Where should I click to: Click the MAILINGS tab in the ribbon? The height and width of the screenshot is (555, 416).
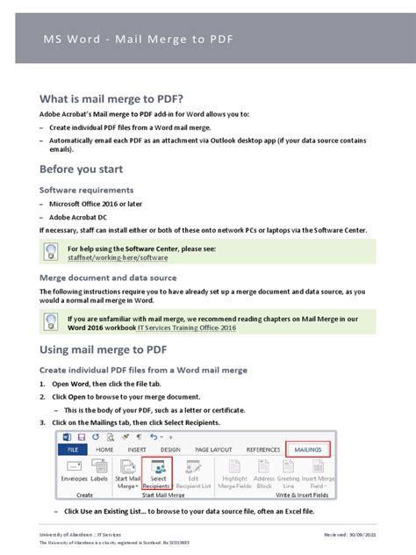(308, 449)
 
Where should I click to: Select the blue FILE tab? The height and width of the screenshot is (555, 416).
(72, 449)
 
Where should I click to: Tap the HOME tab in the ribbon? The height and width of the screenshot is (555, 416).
(104, 449)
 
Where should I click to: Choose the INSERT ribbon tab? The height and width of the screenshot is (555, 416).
(137, 449)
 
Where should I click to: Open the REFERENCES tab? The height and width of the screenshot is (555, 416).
(263, 449)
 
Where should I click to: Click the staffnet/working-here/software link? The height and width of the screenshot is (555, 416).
(117, 258)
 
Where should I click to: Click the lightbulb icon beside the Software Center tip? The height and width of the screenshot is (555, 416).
(50, 253)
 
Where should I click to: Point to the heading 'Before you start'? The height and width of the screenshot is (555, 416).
(81, 168)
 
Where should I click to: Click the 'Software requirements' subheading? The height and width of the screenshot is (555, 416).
(86, 189)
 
